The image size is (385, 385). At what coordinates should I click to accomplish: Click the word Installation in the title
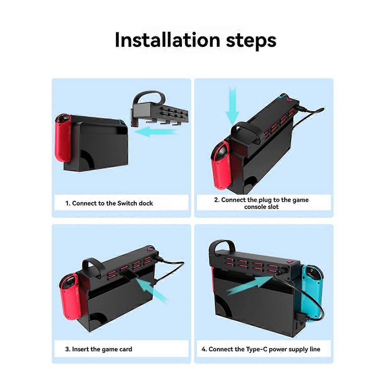[x=167, y=40]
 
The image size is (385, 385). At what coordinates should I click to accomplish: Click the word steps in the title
[x=251, y=42]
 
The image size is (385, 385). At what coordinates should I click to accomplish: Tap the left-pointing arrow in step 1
[x=156, y=133]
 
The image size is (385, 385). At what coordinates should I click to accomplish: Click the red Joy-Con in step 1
[x=63, y=138]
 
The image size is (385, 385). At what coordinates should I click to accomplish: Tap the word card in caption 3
[x=126, y=349]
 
